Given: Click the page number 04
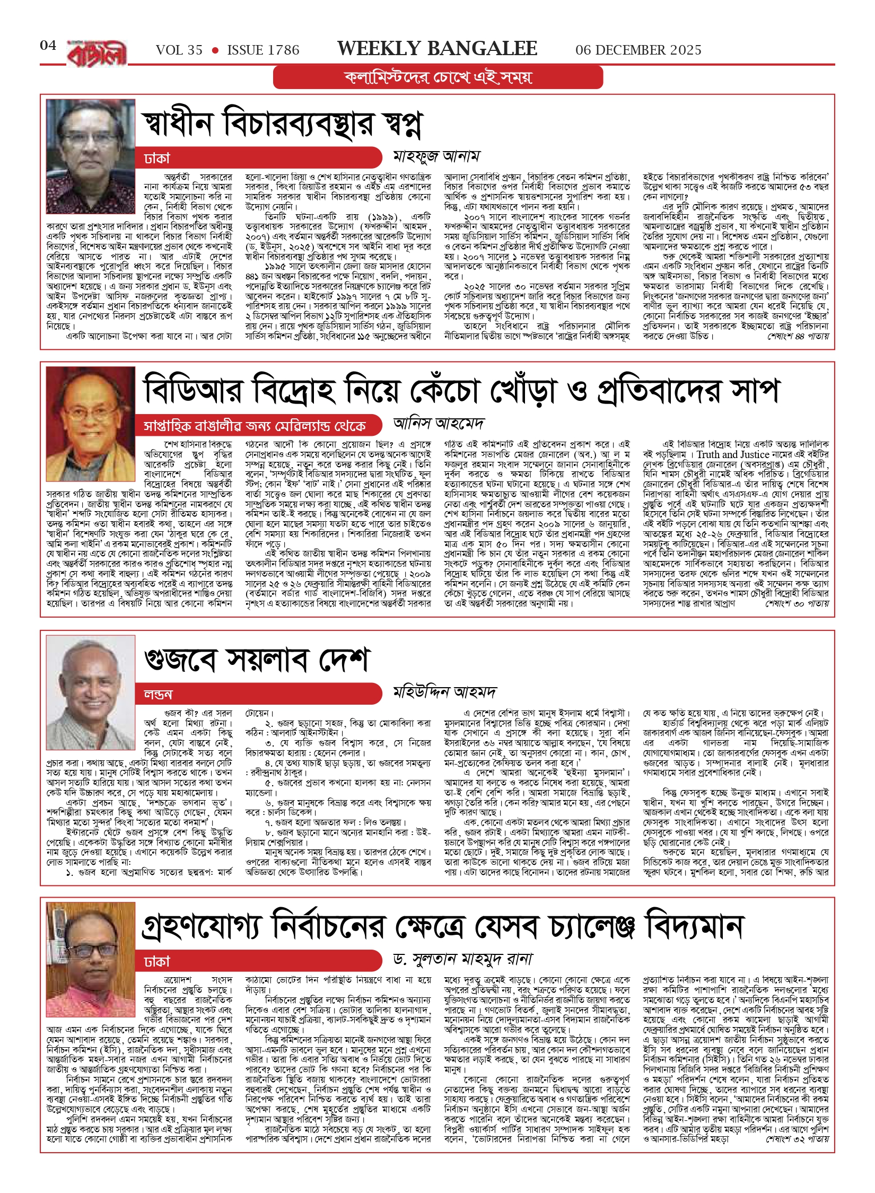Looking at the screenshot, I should [x=48, y=46].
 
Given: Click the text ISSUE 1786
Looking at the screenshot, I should [x=263, y=50].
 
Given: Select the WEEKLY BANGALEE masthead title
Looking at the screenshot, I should [x=437, y=49].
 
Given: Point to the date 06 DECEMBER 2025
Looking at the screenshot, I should [x=638, y=50].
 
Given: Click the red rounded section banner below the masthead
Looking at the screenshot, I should [x=438, y=77].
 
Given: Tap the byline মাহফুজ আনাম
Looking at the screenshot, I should [x=436, y=156].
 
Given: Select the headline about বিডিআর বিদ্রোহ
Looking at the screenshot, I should [x=461, y=391].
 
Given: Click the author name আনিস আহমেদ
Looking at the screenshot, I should [x=438, y=424].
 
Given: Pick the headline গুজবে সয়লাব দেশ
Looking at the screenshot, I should [x=257, y=660].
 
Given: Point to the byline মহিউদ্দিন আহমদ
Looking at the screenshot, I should [x=444, y=692].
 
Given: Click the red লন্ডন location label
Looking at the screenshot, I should [x=159, y=694].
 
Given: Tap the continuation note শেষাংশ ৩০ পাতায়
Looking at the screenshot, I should [x=797, y=603].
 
